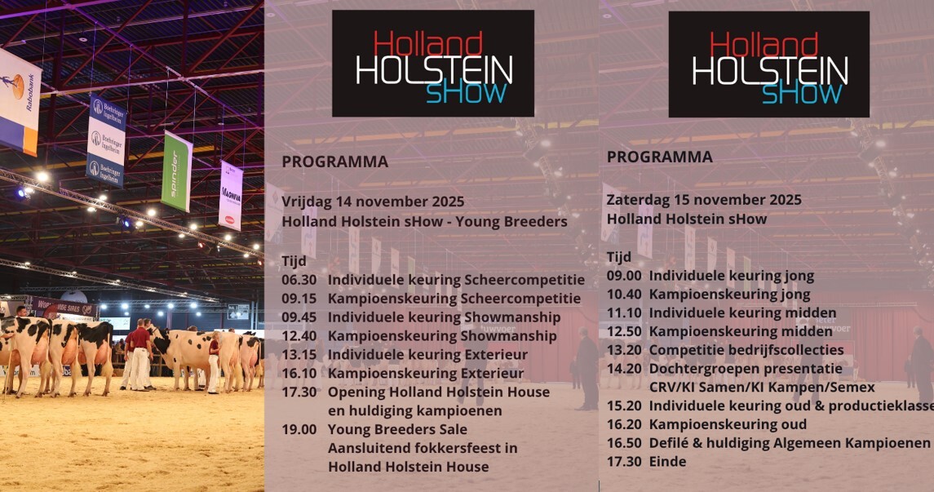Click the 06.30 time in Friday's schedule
click(294, 280)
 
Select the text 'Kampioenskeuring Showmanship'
click(442, 336)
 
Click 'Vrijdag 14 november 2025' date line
click(373, 202)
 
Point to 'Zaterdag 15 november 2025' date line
click(704, 200)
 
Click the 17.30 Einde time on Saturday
click(624, 462)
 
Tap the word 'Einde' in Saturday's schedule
click(667, 462)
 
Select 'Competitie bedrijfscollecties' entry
click(742, 350)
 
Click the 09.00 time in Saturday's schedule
click(624, 276)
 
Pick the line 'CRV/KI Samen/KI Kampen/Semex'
click(762, 388)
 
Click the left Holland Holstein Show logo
click(433, 64)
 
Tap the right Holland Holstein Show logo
click(768, 64)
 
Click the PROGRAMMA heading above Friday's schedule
click(334, 162)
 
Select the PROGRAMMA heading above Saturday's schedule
click(659, 157)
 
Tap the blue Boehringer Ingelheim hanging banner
click(107, 141)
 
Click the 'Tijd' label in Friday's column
click(294, 261)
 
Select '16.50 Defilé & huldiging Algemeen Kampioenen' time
click(624, 443)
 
